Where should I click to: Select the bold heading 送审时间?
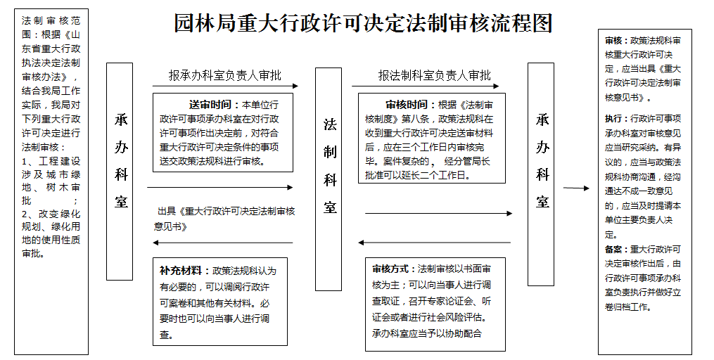(x=210, y=105)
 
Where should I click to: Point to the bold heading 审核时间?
(x=407, y=105)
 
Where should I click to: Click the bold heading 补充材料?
(x=181, y=271)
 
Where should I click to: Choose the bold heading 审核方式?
(x=390, y=269)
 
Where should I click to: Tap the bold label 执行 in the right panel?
(x=613, y=119)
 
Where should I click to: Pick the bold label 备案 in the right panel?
(x=613, y=250)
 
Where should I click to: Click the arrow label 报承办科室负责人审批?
(x=225, y=75)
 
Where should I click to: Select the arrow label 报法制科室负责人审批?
(x=435, y=75)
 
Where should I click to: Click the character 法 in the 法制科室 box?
(x=330, y=124)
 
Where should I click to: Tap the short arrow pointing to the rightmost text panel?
(x=576, y=188)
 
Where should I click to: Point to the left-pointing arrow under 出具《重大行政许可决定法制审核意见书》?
(x=223, y=243)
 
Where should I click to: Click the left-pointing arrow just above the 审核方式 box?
(x=435, y=243)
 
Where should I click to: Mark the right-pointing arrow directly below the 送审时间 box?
(x=220, y=187)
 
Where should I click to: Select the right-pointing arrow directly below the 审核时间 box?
(x=438, y=213)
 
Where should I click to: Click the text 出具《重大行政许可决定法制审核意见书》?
(x=224, y=219)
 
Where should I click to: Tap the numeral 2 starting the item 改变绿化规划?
(x=25, y=214)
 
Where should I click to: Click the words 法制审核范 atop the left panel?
(x=51, y=21)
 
